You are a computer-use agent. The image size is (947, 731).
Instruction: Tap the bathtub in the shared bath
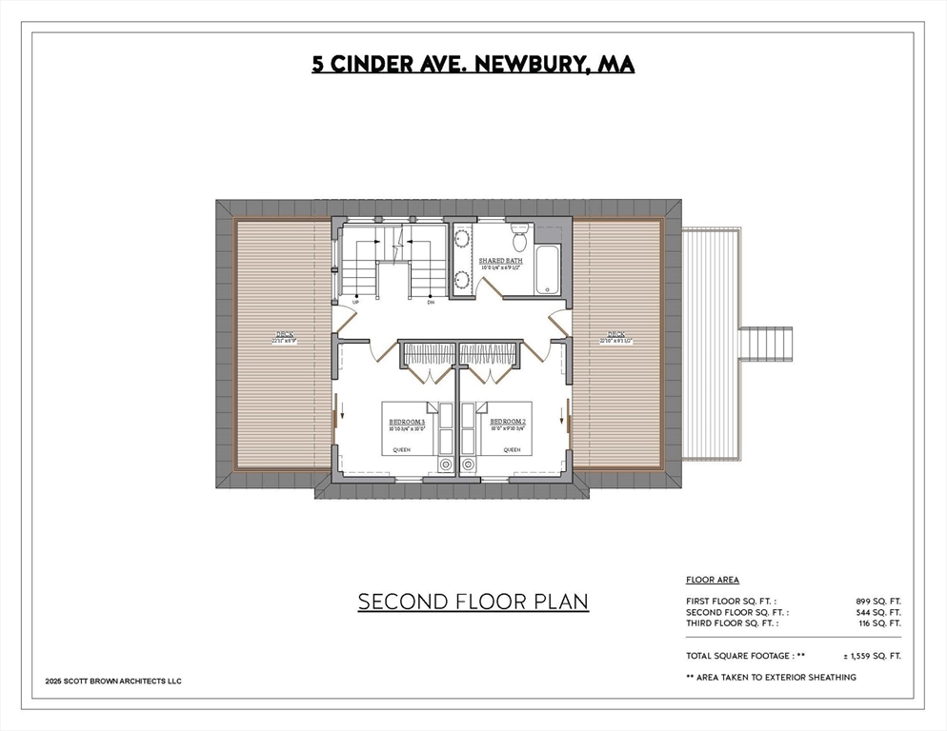pyautogui.click(x=548, y=269)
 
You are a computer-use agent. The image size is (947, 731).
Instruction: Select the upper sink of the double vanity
pyautogui.click(x=462, y=239)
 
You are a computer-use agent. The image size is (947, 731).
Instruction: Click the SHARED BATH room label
pyautogui.click(x=500, y=261)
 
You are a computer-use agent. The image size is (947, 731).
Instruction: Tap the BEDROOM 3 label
pyautogui.click(x=406, y=421)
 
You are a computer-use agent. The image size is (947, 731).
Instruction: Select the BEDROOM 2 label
pyautogui.click(x=508, y=421)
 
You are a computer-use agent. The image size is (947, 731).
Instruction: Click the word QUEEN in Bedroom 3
pyautogui.click(x=402, y=449)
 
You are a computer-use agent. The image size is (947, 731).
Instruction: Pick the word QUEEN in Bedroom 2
pyautogui.click(x=513, y=449)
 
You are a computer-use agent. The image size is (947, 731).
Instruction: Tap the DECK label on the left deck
pyautogui.click(x=285, y=334)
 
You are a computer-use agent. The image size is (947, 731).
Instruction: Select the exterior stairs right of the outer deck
pyautogui.click(x=766, y=340)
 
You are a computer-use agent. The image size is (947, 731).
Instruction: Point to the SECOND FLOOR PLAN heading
pyautogui.click(x=473, y=602)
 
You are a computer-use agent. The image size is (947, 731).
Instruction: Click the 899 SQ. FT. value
pyautogui.click(x=877, y=601)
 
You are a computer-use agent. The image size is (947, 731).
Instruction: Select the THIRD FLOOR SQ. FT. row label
pyautogui.click(x=732, y=622)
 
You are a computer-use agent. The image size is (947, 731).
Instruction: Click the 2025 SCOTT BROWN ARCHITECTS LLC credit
pyautogui.click(x=113, y=681)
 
